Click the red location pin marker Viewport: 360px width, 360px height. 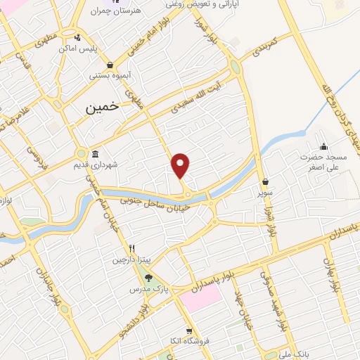181,165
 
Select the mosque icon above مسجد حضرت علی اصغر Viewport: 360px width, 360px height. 323,146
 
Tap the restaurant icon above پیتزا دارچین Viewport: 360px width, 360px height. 131,249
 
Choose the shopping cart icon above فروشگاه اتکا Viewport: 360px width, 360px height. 188,331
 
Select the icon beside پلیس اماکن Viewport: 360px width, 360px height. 77,37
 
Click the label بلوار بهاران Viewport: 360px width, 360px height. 330,275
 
